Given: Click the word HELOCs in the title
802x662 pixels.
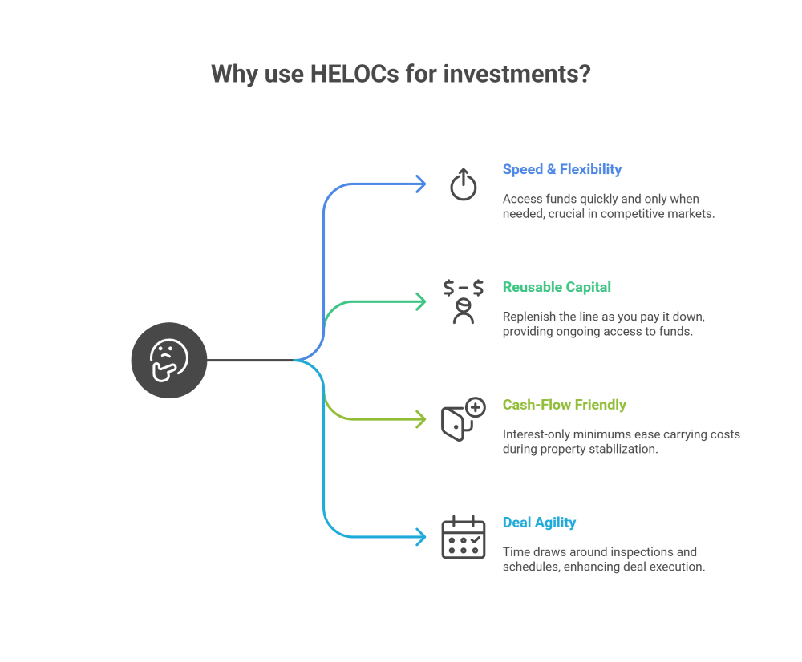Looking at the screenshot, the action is tap(354, 74).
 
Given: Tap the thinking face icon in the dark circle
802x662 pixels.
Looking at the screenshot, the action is tap(169, 361).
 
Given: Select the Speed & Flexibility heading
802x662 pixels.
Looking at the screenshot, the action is tap(562, 169).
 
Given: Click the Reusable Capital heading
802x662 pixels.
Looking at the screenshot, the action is tap(557, 287).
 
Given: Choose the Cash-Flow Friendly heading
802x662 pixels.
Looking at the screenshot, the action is tap(564, 405).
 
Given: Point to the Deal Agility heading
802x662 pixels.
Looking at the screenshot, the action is tap(539, 522).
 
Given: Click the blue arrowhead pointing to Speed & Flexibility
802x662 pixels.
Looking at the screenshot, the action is tap(421, 184).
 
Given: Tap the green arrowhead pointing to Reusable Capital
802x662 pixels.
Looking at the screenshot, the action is tap(421, 301).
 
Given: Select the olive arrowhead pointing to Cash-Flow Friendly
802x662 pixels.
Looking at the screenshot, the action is tap(421, 419).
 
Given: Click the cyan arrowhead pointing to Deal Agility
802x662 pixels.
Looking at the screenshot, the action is tap(421, 537).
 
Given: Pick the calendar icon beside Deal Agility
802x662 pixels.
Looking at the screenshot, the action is tap(464, 537).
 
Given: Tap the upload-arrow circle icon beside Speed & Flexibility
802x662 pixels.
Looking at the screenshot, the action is tap(464, 184).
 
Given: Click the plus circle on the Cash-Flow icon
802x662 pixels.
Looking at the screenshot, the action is tap(476, 407).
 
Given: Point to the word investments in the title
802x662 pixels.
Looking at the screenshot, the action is tap(516, 74).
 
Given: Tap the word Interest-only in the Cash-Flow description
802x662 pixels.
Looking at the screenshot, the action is tap(536, 434).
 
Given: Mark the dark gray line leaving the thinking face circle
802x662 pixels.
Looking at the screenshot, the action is tap(250, 361).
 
